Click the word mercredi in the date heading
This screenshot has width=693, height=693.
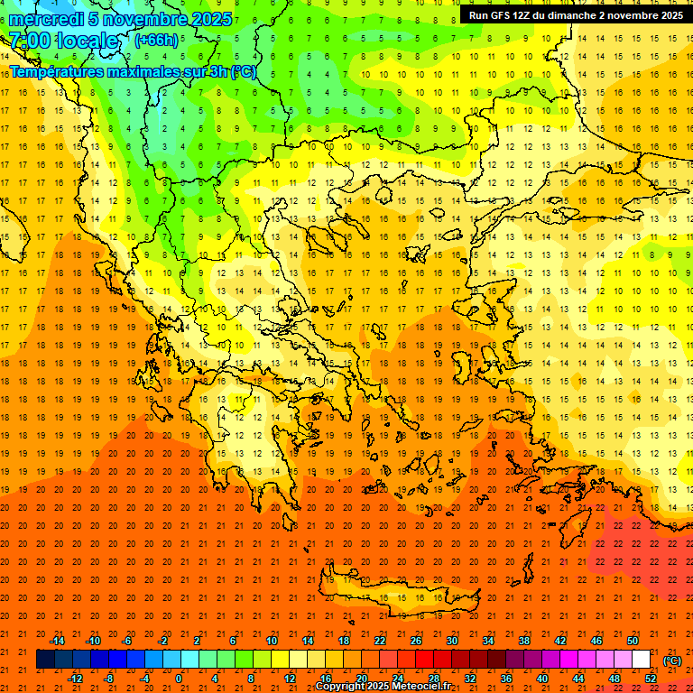click(x=45, y=19)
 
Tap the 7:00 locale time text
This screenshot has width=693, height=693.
click(x=64, y=41)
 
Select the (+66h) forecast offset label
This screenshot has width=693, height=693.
click(x=156, y=41)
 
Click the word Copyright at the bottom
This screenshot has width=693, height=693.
click(x=342, y=687)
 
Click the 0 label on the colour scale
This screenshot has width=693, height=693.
click(x=179, y=679)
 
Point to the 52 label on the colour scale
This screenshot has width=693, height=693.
click(x=651, y=679)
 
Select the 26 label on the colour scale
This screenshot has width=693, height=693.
click(x=416, y=641)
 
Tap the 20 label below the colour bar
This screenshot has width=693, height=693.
click(x=361, y=679)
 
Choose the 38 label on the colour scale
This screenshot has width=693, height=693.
click(x=524, y=641)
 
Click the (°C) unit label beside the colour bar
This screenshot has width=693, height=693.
click(x=671, y=661)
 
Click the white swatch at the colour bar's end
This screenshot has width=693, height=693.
click(x=642, y=660)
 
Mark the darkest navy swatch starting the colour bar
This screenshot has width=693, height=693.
click(x=45, y=660)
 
